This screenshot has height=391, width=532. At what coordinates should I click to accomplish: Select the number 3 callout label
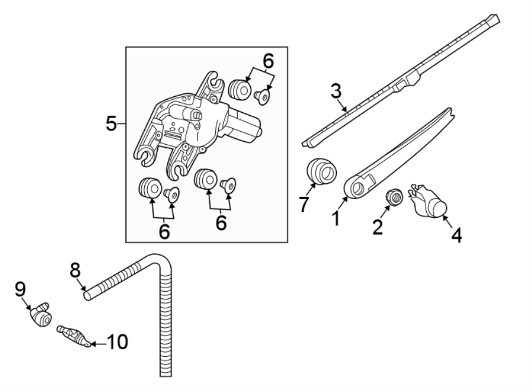point(336,91)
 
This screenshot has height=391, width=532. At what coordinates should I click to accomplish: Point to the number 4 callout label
point(456,236)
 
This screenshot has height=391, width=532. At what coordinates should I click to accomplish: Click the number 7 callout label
point(304,204)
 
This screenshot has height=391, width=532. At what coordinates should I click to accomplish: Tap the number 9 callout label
point(20,288)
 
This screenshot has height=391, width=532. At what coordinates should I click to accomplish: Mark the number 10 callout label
point(117,341)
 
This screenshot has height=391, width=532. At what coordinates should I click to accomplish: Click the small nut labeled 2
point(394,197)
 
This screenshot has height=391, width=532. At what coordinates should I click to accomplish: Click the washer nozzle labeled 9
point(41,314)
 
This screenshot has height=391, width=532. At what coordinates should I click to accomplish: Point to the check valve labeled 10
point(73,336)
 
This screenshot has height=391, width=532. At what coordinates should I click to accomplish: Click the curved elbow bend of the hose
point(161,260)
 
